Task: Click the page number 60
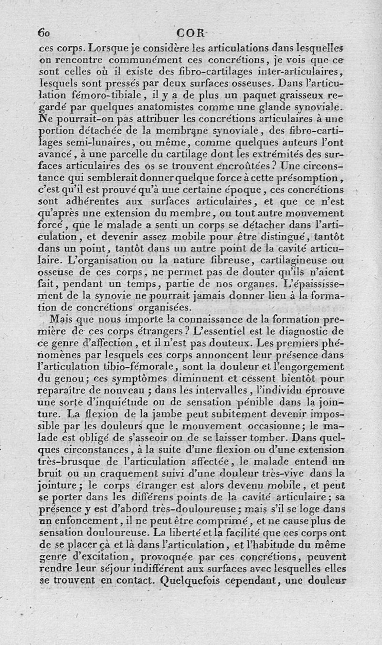point(45,33)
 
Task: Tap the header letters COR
point(191,33)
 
